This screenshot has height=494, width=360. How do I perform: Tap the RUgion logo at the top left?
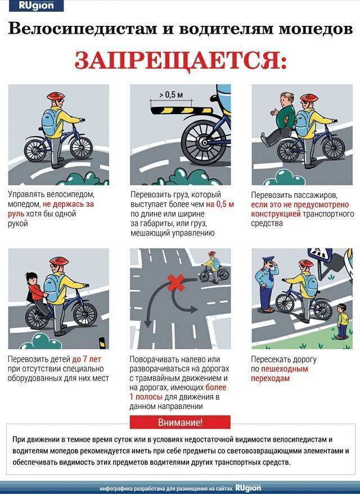(36, 6)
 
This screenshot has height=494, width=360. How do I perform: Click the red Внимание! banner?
(180, 422)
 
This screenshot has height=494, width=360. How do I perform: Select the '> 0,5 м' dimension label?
(171, 94)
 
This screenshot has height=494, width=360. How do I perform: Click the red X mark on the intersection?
(176, 283)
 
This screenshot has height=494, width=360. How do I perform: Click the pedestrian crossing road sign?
(320, 256)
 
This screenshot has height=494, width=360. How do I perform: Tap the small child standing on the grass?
(343, 321)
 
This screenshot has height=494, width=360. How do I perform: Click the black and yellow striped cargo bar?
(182, 110)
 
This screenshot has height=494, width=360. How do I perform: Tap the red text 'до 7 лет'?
(87, 359)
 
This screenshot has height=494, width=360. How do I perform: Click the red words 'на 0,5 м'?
(220, 204)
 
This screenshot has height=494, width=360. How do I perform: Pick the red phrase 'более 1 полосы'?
(178, 392)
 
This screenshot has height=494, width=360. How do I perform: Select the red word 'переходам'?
(270, 378)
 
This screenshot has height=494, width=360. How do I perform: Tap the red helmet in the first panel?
(56, 96)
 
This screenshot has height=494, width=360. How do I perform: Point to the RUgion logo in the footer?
(248, 488)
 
